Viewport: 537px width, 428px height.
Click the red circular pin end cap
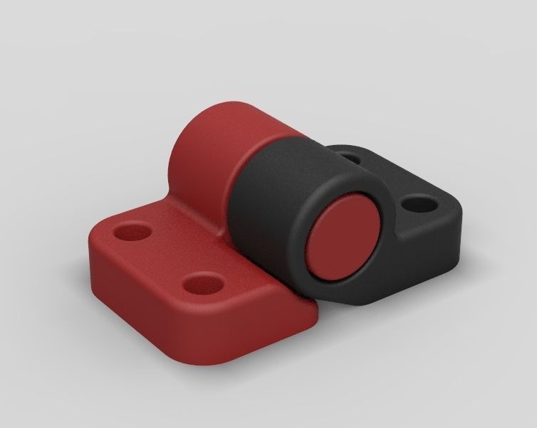pyautogui.click(x=345, y=238)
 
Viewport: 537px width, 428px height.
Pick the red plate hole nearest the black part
pyautogui.click(x=202, y=284)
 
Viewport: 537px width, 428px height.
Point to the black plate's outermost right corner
pyautogui.click(x=456, y=213)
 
